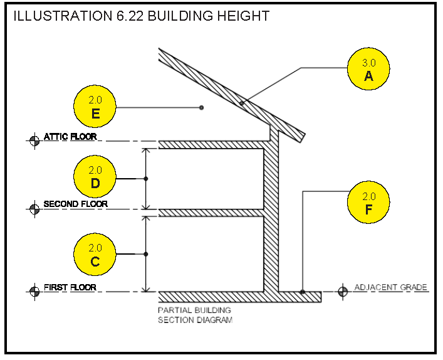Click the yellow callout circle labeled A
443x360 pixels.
[x=368, y=69]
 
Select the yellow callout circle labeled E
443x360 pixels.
[x=95, y=107]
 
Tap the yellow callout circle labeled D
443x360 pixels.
[x=95, y=176]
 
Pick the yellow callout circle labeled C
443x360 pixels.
[x=95, y=254]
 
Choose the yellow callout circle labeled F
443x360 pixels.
[x=368, y=202]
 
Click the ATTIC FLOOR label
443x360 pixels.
[x=70, y=137]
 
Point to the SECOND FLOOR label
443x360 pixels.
[x=75, y=204]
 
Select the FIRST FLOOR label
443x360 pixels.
[x=70, y=287]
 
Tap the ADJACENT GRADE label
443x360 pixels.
[x=391, y=287]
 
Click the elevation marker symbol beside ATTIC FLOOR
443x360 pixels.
[x=34, y=140]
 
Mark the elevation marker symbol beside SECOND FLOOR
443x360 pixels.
[x=34, y=209]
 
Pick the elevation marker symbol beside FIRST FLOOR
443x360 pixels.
[x=34, y=292]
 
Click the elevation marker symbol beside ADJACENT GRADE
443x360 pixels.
[x=343, y=292]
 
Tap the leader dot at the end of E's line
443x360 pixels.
[x=201, y=107]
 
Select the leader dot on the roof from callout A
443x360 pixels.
[x=242, y=103]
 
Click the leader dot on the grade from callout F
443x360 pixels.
[x=303, y=292]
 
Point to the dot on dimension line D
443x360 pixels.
[x=146, y=179]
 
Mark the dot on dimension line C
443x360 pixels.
[x=146, y=254]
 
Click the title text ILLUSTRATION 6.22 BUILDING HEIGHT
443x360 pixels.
[x=142, y=16]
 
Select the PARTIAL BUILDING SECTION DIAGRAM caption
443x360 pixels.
[x=195, y=315]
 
